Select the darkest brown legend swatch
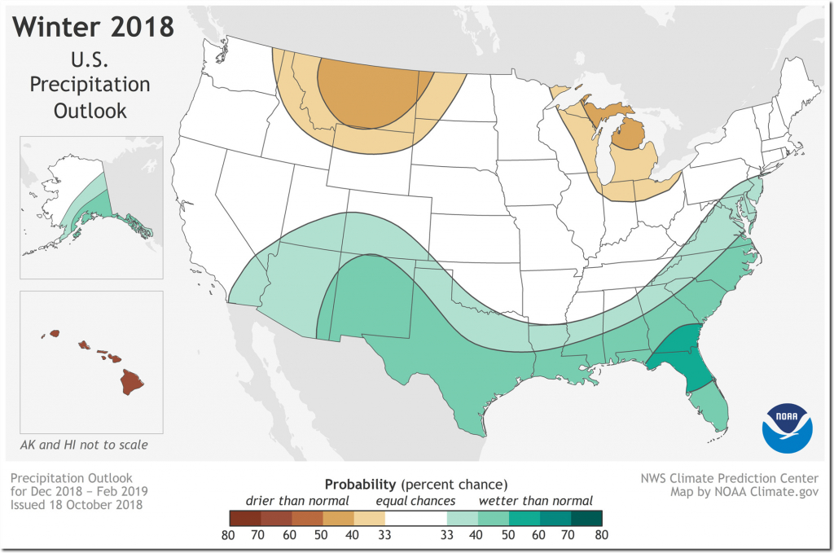click(244, 517)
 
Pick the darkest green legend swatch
click(587, 517)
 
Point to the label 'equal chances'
click(416, 500)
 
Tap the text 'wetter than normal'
click(535, 500)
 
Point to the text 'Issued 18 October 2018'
click(77, 505)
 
